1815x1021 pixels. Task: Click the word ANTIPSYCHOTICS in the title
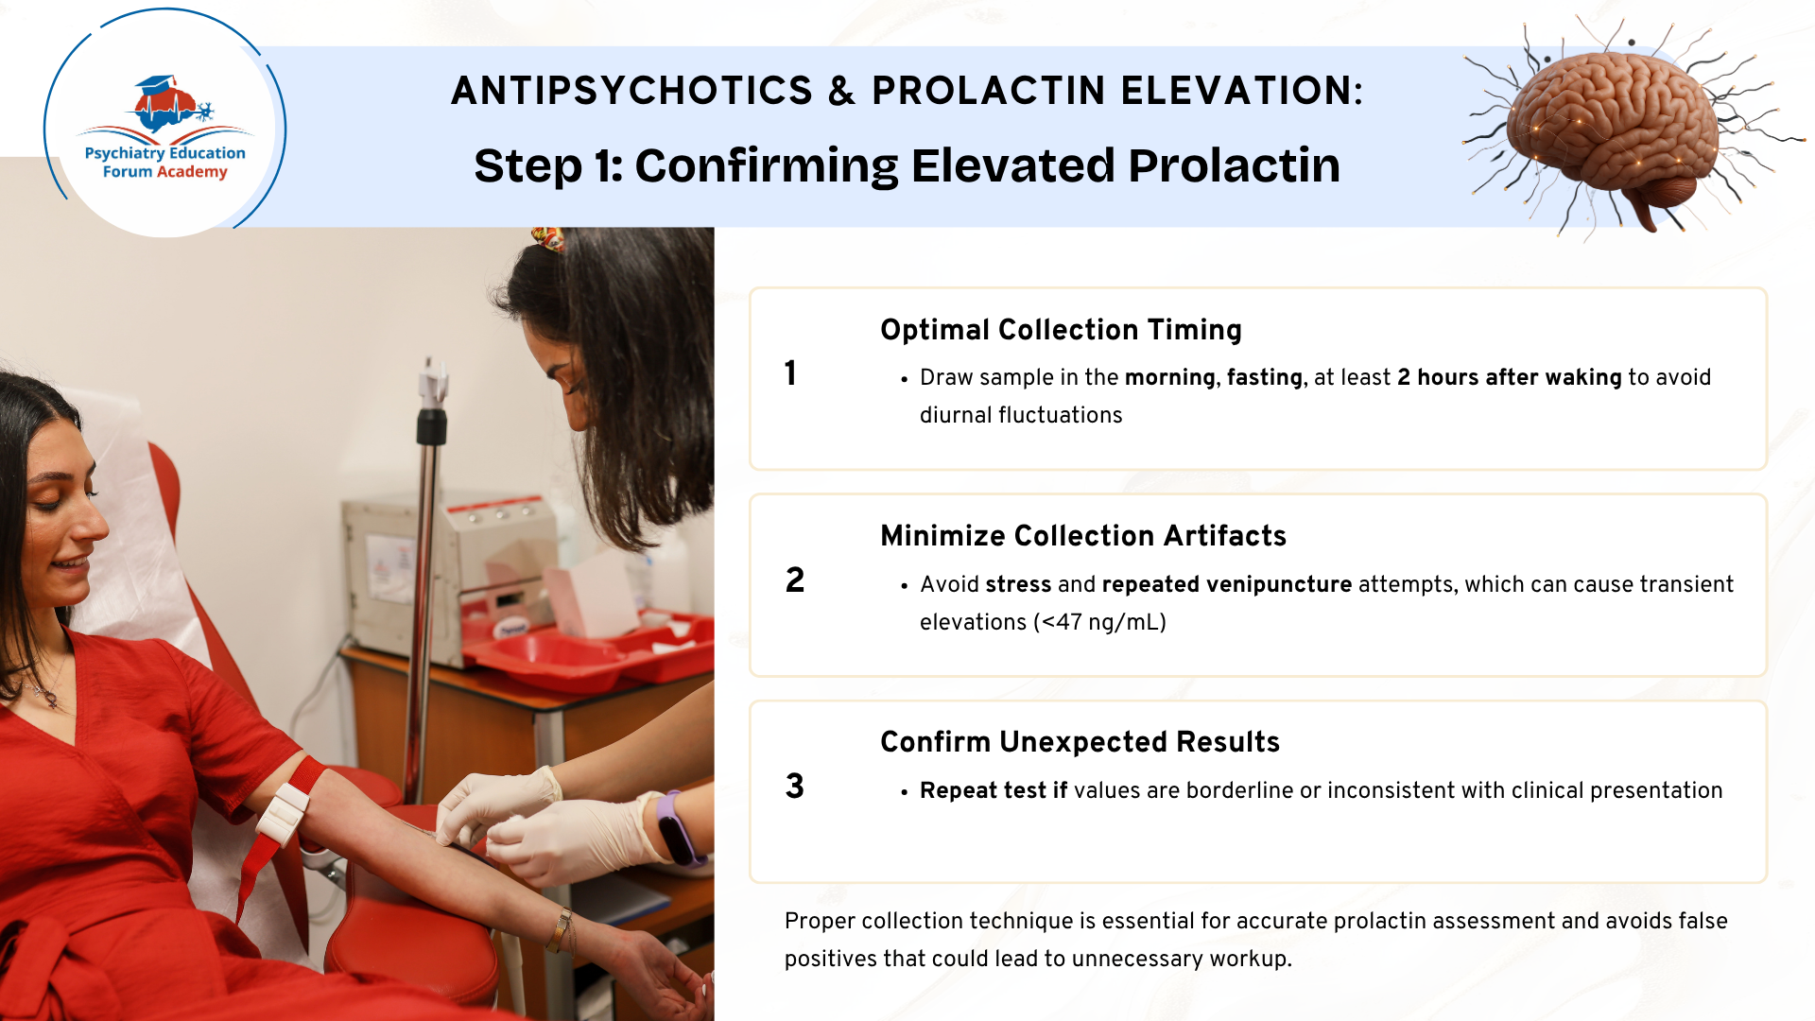point(631,91)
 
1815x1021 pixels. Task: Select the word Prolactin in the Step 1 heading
point(1234,165)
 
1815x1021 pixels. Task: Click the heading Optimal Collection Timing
point(1061,329)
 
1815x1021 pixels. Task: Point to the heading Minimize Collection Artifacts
point(1083,535)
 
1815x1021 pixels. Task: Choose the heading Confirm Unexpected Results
point(1080,741)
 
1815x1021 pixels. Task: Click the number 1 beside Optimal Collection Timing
point(790,372)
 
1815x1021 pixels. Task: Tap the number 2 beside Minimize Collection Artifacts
point(795,580)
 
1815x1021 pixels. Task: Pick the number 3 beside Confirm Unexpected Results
point(795,786)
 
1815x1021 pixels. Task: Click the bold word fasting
point(1265,377)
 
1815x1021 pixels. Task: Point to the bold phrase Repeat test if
point(994,790)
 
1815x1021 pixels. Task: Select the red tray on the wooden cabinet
point(591,648)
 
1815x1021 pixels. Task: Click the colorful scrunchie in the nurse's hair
point(548,237)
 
